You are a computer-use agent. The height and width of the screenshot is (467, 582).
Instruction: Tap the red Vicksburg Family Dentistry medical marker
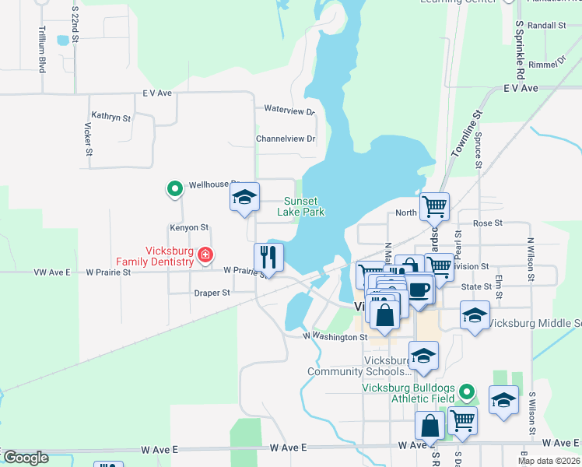click(x=205, y=255)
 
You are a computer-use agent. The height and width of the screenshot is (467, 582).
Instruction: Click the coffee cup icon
click(x=419, y=290)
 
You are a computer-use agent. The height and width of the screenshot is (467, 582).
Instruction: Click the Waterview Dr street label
click(x=289, y=111)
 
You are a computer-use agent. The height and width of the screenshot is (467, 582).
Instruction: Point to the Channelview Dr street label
click(x=286, y=139)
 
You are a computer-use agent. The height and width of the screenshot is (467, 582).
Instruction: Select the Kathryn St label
click(x=111, y=116)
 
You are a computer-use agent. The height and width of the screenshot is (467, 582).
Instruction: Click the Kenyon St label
click(x=190, y=228)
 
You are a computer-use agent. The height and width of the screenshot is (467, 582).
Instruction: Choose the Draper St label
click(x=212, y=293)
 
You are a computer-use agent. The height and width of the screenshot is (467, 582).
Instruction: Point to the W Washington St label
click(x=335, y=338)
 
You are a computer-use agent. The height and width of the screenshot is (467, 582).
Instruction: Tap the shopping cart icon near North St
click(x=434, y=206)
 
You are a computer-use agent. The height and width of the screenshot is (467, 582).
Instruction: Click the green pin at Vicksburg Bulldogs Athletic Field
click(x=466, y=391)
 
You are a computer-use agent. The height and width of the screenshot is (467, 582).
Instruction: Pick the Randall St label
click(x=546, y=26)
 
